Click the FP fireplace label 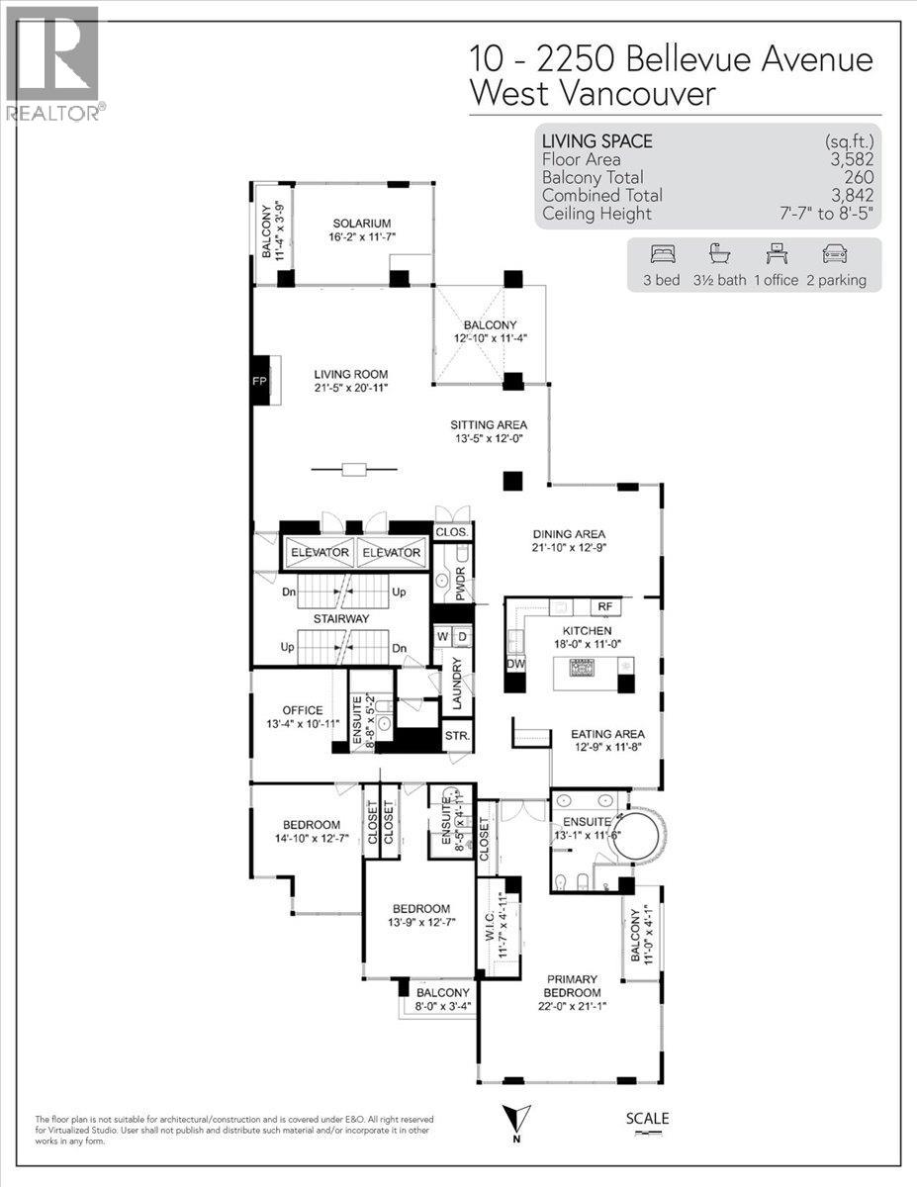[261, 380]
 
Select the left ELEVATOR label [319, 553]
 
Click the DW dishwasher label [516, 665]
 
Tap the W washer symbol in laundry [441, 635]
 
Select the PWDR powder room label [462, 584]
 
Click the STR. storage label [457, 738]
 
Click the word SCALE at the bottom [648, 1119]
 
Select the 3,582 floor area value [853, 159]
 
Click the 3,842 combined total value [853, 196]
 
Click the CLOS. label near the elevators [451, 532]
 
